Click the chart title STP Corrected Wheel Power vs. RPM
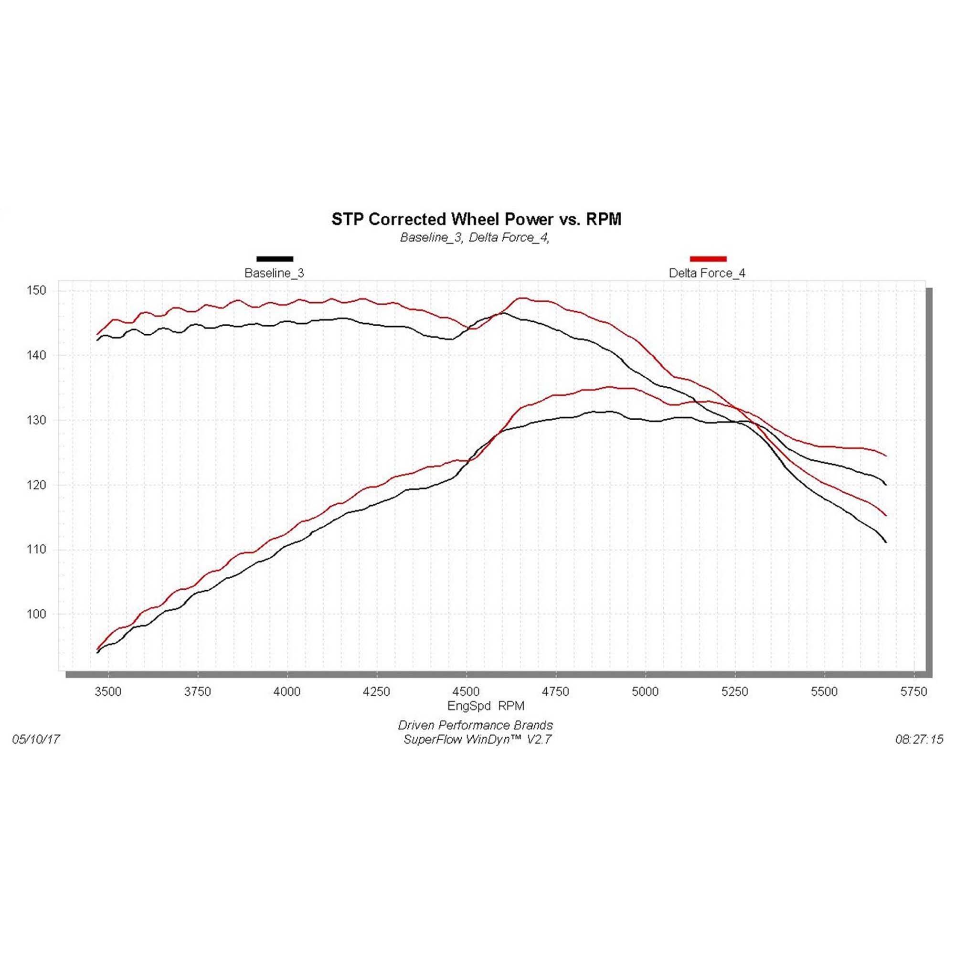pos(476,219)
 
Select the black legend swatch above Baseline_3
pos(275,258)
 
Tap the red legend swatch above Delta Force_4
pos(708,258)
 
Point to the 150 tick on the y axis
pos(36,291)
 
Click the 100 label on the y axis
pos(36,614)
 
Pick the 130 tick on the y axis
pos(36,420)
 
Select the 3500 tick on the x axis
pos(108,692)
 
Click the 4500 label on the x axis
pos(466,692)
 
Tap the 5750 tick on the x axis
pos(913,692)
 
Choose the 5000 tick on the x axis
pos(645,692)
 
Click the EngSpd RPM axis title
pos(486,706)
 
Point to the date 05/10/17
pos(36,739)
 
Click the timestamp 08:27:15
pos(919,739)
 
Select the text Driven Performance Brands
pos(475,725)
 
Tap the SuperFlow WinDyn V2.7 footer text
pos(477,740)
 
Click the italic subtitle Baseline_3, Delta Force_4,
pos(475,238)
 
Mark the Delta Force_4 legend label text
pos(707,273)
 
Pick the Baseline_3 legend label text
pos(275,273)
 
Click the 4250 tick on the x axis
pos(377,692)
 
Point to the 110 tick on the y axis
pos(36,549)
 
